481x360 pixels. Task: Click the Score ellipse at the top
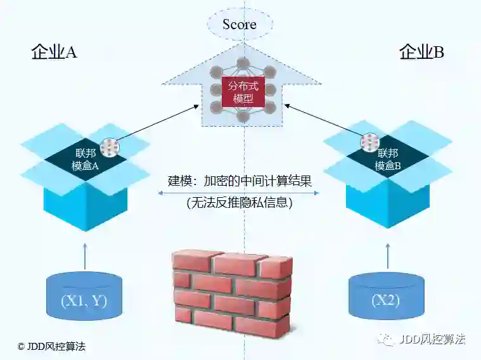pos(240,25)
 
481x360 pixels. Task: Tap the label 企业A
pos(54,53)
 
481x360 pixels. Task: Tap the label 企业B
pos(421,53)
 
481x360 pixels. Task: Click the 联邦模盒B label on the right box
pos(388,159)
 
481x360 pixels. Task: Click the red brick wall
pos(232,291)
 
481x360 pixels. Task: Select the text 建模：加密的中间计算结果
pos(240,181)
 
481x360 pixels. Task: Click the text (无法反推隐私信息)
pos(240,204)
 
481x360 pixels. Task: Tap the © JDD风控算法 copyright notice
pos(51,347)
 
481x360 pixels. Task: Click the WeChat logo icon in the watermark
pos(385,340)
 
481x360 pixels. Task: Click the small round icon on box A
pos(110,147)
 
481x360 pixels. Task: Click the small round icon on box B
pos(369,142)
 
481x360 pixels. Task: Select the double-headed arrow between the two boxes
pos(240,193)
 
